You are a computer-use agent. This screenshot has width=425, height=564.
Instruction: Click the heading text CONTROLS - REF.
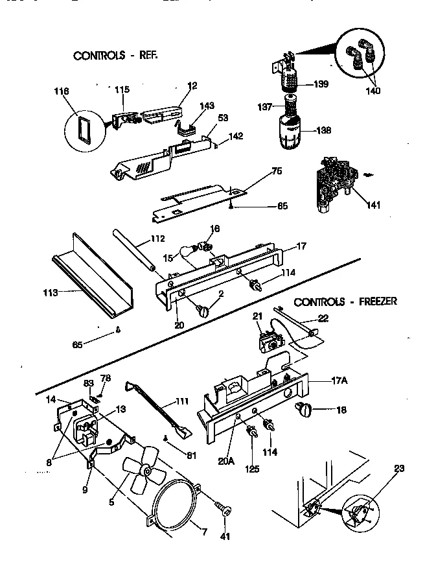coord(115,56)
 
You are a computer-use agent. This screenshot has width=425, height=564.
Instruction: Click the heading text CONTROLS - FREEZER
coord(345,301)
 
